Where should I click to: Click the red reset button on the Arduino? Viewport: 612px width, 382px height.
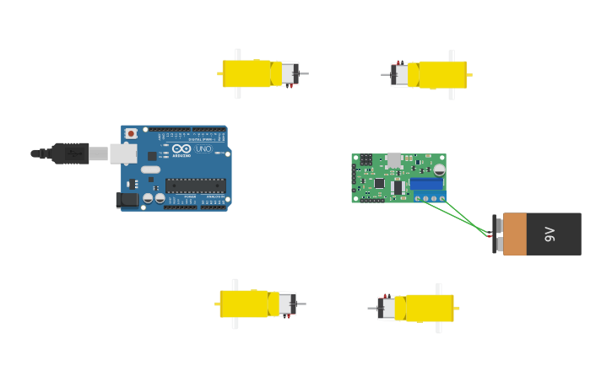[x=131, y=133]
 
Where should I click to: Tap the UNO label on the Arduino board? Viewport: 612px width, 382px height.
[x=203, y=149]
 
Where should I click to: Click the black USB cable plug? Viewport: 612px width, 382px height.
[x=70, y=153]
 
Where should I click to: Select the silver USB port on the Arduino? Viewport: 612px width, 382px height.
[x=122, y=153]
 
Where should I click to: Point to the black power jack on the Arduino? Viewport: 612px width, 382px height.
[x=126, y=200]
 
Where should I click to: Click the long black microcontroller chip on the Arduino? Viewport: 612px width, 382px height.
[x=194, y=186]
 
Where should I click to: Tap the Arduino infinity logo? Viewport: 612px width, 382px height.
[x=181, y=149]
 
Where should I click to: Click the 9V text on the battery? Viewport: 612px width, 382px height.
[x=550, y=234]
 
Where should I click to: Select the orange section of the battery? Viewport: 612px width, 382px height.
[x=515, y=234]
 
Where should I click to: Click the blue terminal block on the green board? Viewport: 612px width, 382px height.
[x=426, y=184]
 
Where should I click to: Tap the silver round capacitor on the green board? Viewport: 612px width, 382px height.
[x=439, y=169]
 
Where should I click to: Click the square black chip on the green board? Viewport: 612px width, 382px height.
[x=379, y=183]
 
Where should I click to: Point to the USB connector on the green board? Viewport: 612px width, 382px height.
[x=393, y=159]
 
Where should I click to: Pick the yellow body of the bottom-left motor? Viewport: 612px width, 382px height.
[x=245, y=304]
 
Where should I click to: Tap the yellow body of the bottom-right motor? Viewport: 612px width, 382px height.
[x=429, y=308]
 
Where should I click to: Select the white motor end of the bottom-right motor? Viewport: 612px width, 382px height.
[x=387, y=308]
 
